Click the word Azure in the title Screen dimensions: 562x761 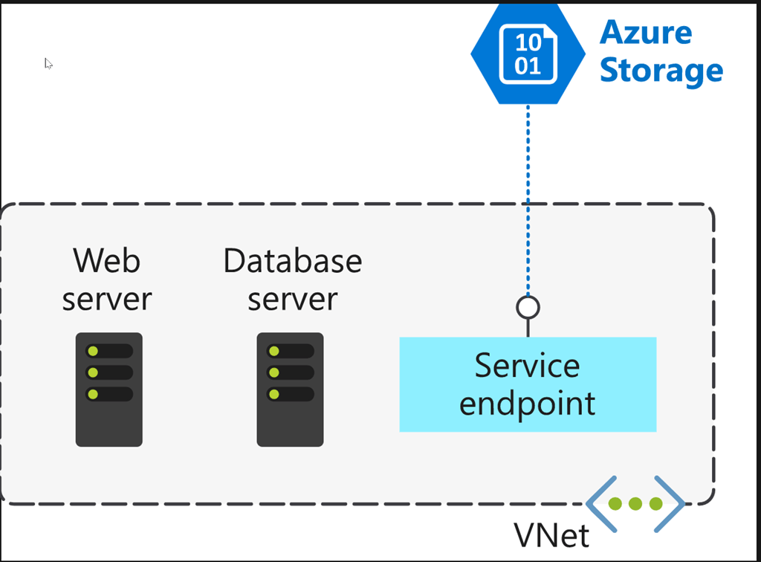coord(645,33)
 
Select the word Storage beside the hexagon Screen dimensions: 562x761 coord(661,71)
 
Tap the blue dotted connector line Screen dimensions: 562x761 coord(528,201)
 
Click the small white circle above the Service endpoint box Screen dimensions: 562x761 coord(528,307)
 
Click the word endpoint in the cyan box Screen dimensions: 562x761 coord(528,403)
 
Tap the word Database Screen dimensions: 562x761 coord(292,261)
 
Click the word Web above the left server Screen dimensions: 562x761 coord(106,261)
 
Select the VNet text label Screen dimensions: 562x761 coord(551,534)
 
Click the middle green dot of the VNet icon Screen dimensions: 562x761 coord(635,504)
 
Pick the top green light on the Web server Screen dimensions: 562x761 coord(93,351)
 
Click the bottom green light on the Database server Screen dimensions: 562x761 coord(274,394)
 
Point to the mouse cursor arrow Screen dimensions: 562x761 coord(48,62)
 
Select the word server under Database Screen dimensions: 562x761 coord(292,299)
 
